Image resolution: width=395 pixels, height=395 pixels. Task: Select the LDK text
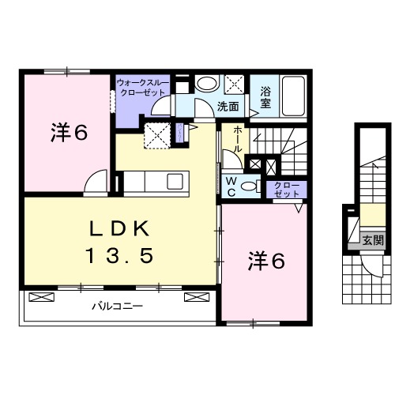119,231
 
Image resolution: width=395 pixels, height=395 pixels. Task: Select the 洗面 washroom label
229,105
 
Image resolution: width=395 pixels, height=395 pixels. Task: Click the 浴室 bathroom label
266,97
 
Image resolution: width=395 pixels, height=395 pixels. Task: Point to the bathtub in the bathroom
294,96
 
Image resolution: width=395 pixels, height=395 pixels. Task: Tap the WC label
231,185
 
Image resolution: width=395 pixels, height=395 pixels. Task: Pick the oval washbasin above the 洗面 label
207,85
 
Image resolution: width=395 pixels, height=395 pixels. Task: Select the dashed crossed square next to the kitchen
157,135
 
